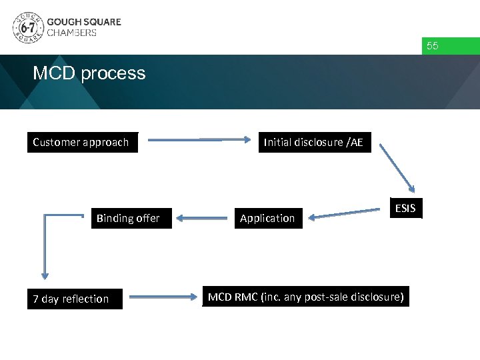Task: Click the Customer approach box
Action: (x=82, y=142)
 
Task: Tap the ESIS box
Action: (x=405, y=208)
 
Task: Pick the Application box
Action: (x=267, y=218)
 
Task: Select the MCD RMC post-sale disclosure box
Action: (x=305, y=297)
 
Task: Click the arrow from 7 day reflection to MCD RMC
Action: (x=163, y=297)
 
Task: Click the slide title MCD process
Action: (x=89, y=73)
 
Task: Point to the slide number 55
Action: (x=432, y=46)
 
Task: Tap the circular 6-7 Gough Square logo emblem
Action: (x=27, y=27)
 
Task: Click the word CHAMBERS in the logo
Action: (x=71, y=33)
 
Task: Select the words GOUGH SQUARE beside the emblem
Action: (x=84, y=21)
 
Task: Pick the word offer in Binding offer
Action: (x=147, y=218)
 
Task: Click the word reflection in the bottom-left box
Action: (x=85, y=299)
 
